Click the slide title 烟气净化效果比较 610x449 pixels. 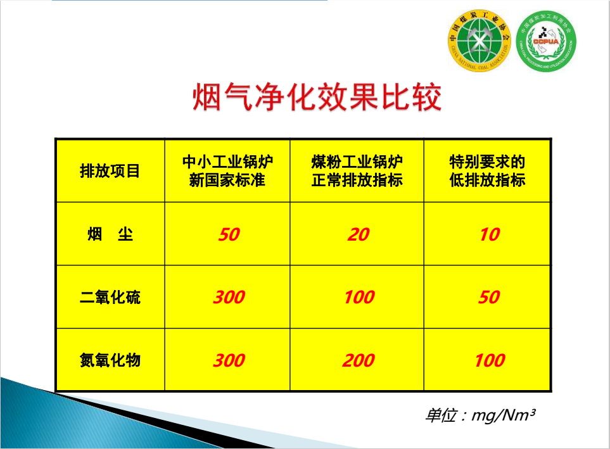pyautogui.click(x=317, y=97)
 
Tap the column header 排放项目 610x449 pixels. pyautogui.click(x=110, y=171)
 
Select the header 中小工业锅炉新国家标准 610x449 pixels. pyautogui.click(x=227, y=171)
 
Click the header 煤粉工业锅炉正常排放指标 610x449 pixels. pyautogui.click(x=357, y=171)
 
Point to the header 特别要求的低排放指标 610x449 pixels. pyautogui.click(x=488, y=171)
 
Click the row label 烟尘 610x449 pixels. pyautogui.click(x=110, y=234)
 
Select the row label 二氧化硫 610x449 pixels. pyautogui.click(x=110, y=297)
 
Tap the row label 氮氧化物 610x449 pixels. pyautogui.click(x=110, y=360)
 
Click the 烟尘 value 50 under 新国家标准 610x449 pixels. pyautogui.click(x=229, y=234)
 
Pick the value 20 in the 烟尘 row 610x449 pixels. pyautogui.click(x=359, y=234)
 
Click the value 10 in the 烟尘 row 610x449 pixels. pyautogui.click(x=490, y=234)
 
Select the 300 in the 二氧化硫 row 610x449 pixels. pyautogui.click(x=229, y=297)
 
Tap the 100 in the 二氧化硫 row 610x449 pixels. pyautogui.click(x=359, y=297)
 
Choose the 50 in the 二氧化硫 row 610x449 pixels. pyautogui.click(x=489, y=297)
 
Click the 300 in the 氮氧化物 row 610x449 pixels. pyautogui.click(x=229, y=360)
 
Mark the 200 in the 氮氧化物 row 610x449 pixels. pyautogui.click(x=359, y=360)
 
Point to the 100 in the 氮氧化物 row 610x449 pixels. pyautogui.click(x=490, y=360)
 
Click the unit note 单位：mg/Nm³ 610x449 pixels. pyautogui.click(x=480, y=415)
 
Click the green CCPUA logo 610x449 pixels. pyautogui.click(x=546, y=41)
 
